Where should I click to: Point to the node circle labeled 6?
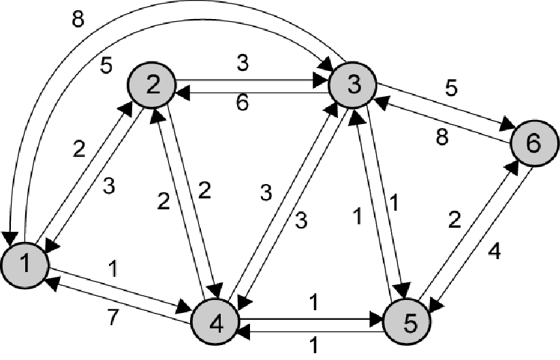pos(533,143)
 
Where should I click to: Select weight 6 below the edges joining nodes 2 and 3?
pos(243,104)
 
